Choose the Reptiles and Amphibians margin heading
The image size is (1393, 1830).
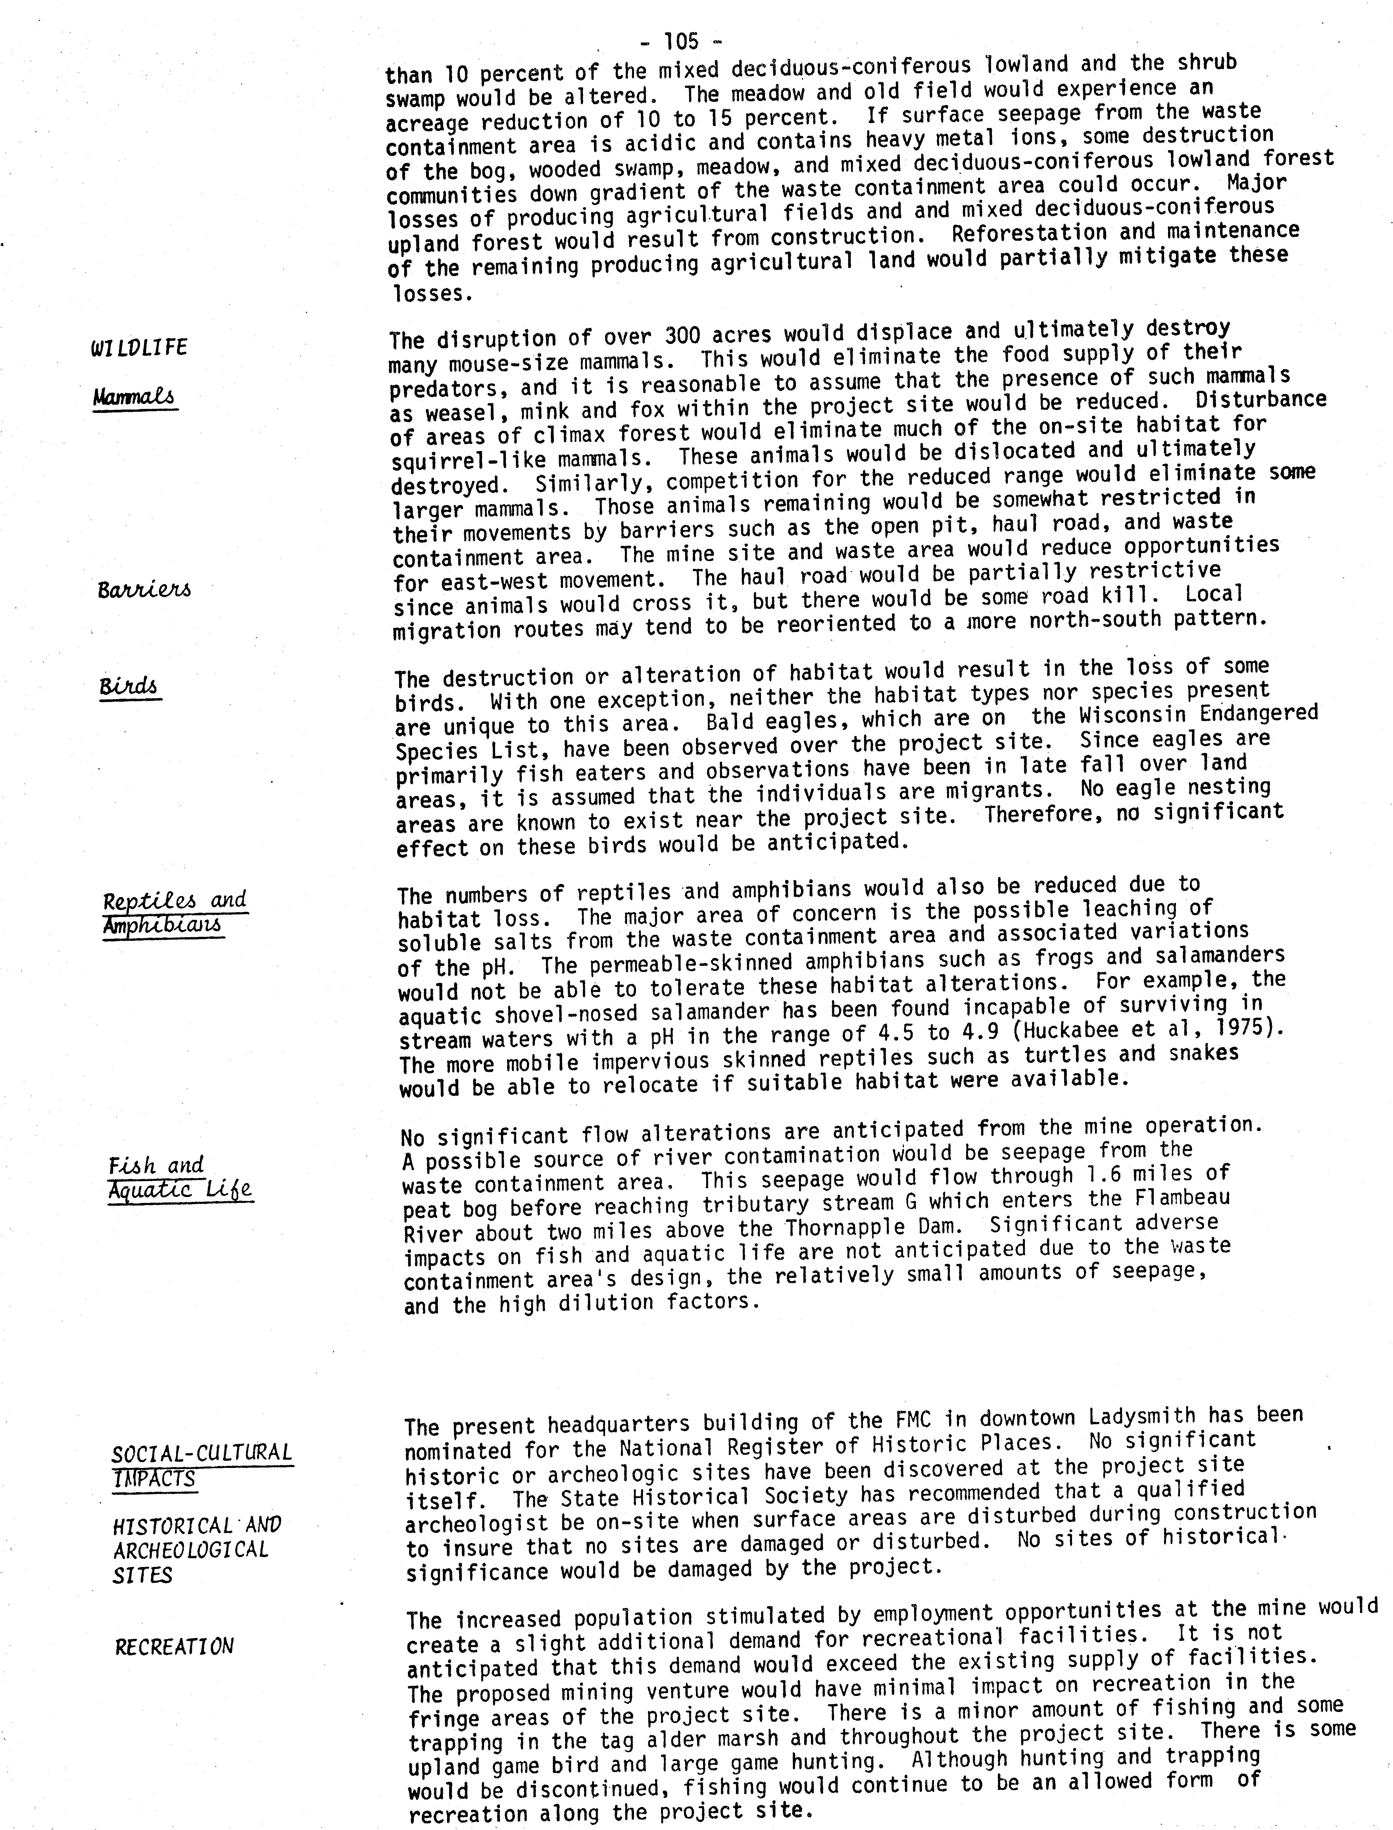pyautogui.click(x=174, y=912)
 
